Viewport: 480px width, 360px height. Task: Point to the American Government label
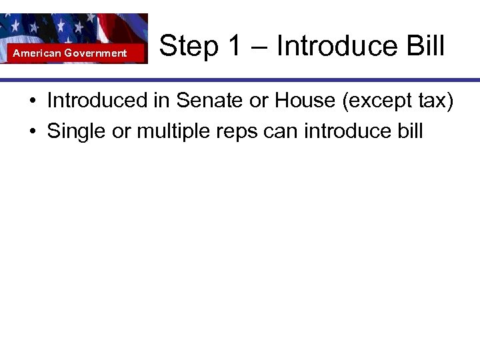click(70, 53)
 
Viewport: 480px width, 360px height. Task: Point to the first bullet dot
click(32, 102)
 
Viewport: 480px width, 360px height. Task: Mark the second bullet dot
click(32, 132)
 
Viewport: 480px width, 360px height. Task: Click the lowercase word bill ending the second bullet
click(409, 131)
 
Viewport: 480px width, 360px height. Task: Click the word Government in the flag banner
click(95, 53)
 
